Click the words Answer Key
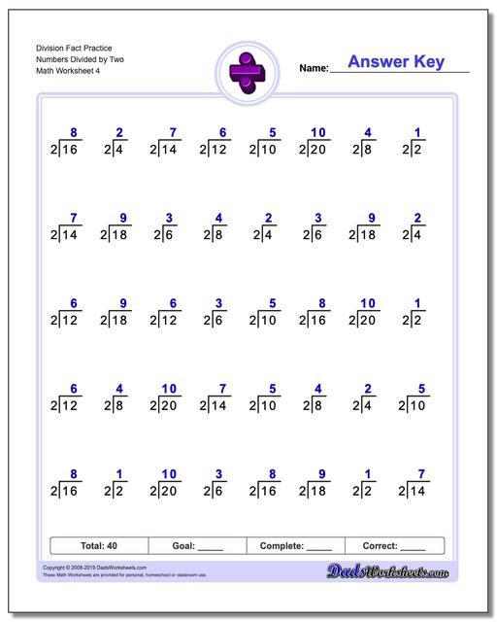pos(395,62)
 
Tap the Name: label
pos(314,69)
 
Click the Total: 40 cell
pos(98,546)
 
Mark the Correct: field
pos(394,546)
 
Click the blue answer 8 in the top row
pos(73,132)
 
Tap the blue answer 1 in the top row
pos(417,132)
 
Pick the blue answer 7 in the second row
pos(73,218)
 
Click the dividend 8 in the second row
pos(219,235)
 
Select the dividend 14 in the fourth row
pos(220,404)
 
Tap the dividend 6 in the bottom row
pos(219,491)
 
